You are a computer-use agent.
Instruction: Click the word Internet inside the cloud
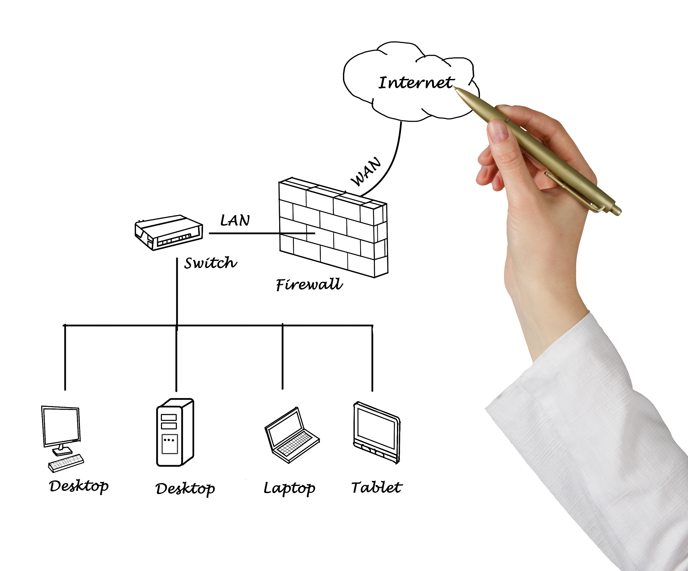(x=417, y=82)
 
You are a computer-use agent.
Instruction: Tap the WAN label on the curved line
(x=366, y=171)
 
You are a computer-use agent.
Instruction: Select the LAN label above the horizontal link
(x=235, y=220)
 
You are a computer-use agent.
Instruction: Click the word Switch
(x=211, y=263)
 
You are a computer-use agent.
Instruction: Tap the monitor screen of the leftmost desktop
(x=61, y=426)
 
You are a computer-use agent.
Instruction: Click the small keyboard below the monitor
(x=66, y=463)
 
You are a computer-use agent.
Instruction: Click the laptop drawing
(x=292, y=435)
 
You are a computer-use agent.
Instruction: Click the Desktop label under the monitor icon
(x=79, y=486)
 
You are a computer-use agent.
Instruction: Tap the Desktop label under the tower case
(x=185, y=489)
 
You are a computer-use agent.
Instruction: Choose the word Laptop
(x=289, y=488)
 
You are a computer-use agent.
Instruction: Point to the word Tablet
(x=377, y=487)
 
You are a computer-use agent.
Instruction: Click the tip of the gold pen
(x=454, y=87)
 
